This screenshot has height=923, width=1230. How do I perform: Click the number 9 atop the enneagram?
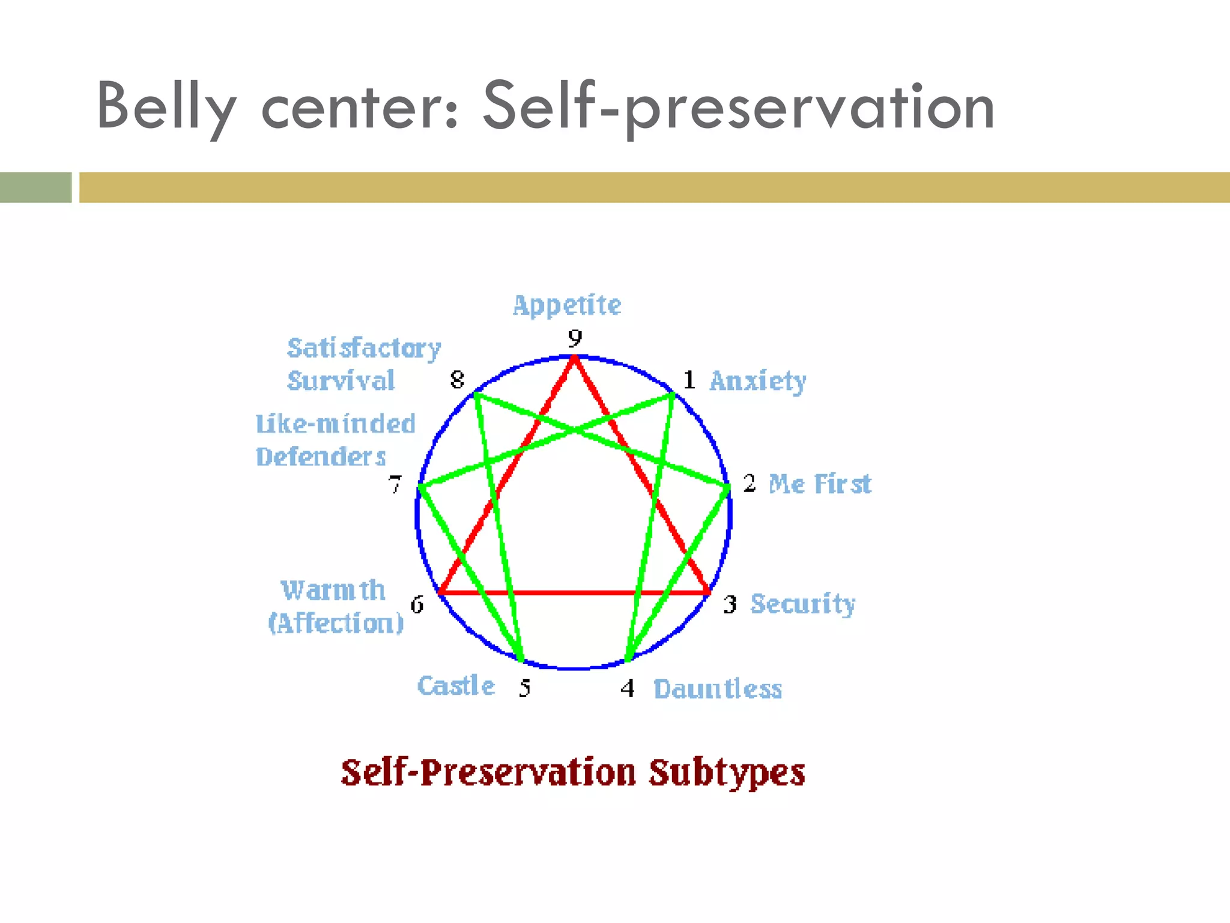575,338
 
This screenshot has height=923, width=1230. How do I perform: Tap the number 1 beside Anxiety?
689,380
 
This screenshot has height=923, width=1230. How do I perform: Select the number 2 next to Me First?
749,483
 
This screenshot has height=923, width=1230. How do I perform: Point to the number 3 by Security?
730,604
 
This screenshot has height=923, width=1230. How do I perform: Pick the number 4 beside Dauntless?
628,687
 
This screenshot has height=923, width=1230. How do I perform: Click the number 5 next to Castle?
525,687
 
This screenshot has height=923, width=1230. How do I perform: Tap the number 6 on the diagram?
417,604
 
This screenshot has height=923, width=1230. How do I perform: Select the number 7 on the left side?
395,484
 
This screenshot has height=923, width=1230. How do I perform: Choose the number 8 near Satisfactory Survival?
457,380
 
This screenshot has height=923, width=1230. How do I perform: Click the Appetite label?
567,305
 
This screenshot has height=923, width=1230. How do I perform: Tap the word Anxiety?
758,381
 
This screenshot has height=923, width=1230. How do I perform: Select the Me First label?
820,484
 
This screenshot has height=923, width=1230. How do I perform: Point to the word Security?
803,604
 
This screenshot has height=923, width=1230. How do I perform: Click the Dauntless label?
718,689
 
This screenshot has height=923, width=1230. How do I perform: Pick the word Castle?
456,686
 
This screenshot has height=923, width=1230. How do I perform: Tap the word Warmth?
333,590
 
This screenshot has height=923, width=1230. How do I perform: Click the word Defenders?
321,457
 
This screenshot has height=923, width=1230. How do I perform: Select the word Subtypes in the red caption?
727,773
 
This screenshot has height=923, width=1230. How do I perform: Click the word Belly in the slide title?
166,107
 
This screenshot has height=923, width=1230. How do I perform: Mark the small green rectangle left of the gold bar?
35,187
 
